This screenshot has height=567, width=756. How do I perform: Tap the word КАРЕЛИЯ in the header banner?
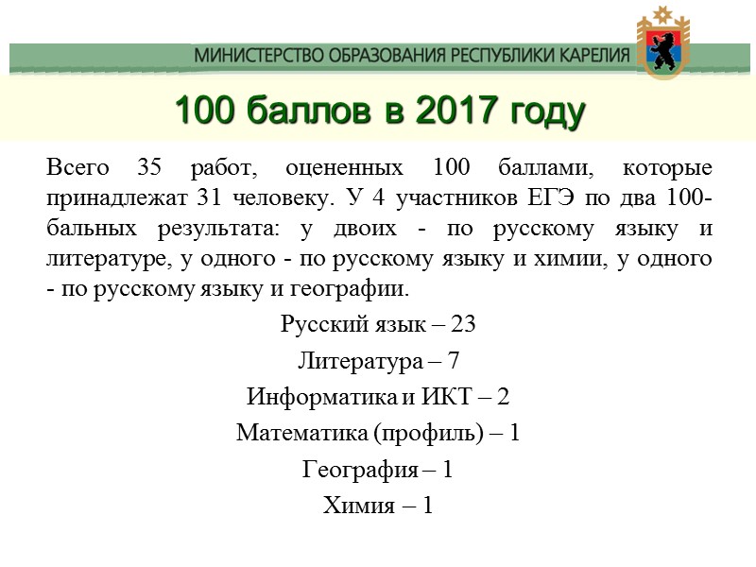[587, 56]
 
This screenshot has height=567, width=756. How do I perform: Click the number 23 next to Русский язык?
[463, 324]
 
